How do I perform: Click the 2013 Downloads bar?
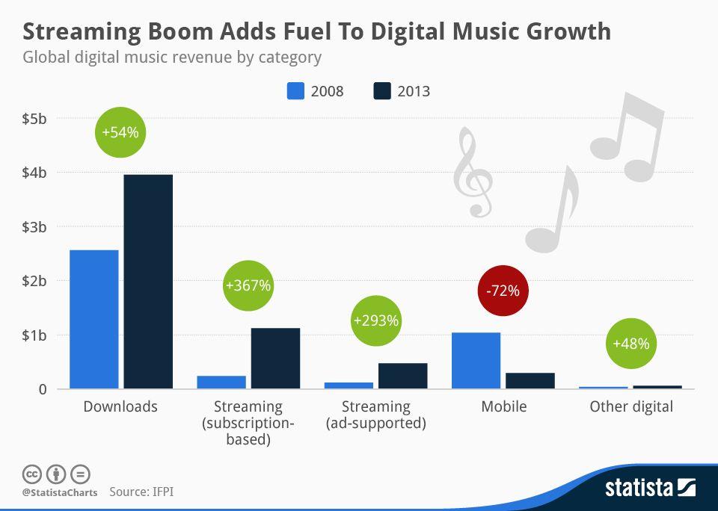point(148,282)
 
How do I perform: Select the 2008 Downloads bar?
point(94,319)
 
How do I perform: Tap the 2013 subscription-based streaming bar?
point(276,359)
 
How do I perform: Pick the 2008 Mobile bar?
point(476,361)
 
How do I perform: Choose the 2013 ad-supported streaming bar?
point(403,376)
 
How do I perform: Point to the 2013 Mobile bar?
point(530,381)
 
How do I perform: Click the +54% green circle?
point(120,132)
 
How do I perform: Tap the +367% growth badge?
point(248,285)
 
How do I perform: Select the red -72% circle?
point(503,291)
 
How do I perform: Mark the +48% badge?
point(631,344)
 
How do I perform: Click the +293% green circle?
point(376,320)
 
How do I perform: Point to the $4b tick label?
point(34,173)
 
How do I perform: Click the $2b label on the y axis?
point(34,281)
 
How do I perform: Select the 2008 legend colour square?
point(295,91)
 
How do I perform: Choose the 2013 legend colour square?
point(382,91)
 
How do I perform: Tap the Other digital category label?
point(631,406)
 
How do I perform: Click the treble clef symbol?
point(473,172)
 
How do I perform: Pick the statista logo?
point(651,488)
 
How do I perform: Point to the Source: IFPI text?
point(141,492)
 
